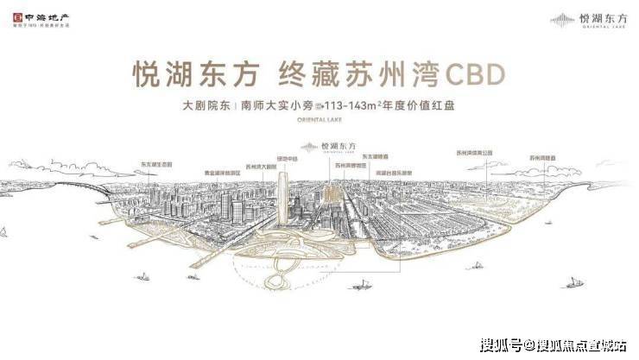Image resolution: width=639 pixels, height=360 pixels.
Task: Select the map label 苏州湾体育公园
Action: (474, 152)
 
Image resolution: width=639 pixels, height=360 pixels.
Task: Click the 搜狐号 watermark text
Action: (501, 345)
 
